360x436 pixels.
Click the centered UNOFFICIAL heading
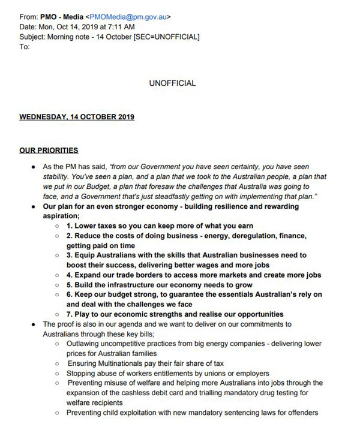172,83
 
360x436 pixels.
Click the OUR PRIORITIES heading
49,150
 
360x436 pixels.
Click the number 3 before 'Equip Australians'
70,255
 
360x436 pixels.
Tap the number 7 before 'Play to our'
70,315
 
